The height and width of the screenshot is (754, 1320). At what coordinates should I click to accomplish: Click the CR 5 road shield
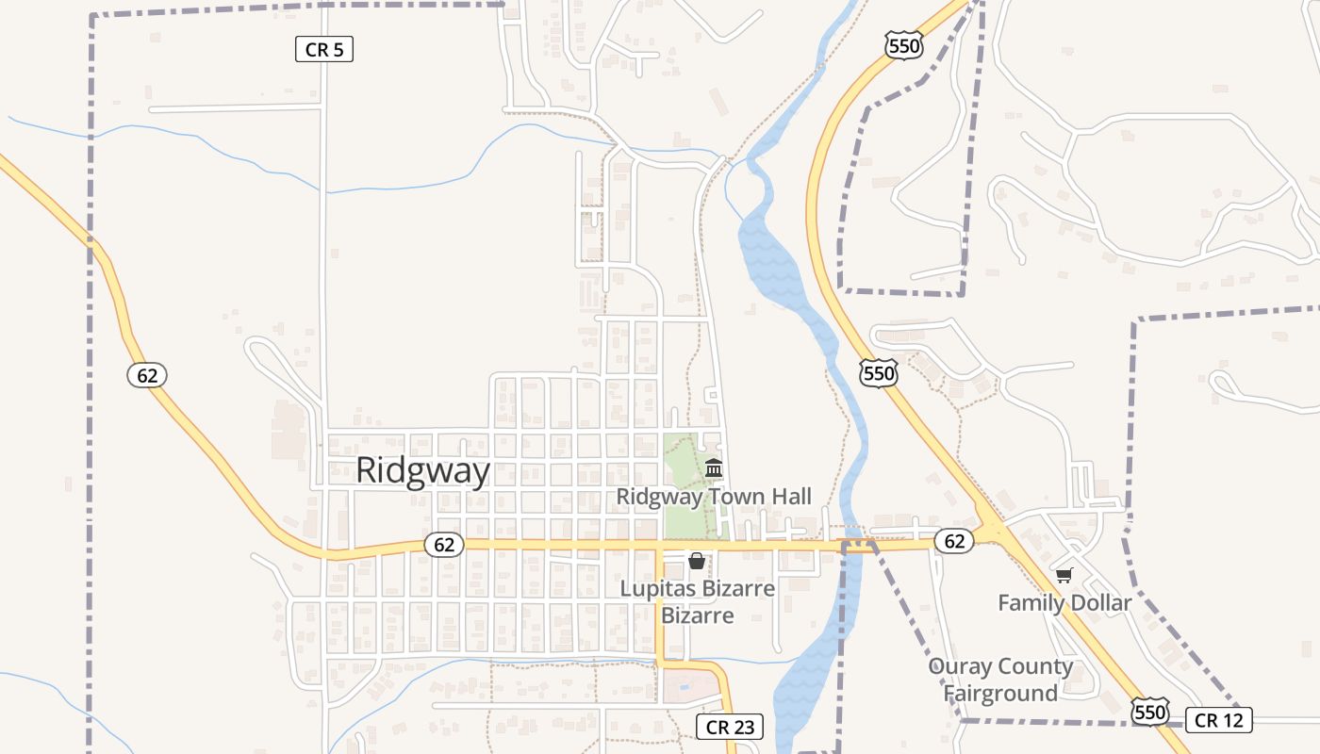[324, 50]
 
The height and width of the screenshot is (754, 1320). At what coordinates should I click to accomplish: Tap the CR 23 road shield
[730, 727]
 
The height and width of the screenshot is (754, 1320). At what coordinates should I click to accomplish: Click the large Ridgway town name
[423, 471]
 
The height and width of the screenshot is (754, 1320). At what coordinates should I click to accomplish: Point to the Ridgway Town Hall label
[714, 497]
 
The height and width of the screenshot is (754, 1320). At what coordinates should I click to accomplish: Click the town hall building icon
[714, 468]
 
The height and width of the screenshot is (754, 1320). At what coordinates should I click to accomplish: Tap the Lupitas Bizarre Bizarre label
[698, 602]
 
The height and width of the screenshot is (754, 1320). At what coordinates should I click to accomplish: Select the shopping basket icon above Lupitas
[697, 562]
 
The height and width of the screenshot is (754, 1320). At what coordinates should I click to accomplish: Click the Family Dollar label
[1064, 603]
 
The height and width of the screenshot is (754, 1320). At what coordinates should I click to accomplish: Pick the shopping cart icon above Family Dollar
[1064, 575]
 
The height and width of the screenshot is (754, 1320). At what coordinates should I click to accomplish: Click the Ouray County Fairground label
[1000, 680]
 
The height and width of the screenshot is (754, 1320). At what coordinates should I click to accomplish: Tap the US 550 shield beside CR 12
[1150, 712]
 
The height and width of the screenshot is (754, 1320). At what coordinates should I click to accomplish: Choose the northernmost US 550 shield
[903, 43]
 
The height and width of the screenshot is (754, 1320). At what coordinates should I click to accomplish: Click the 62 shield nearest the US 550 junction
[954, 541]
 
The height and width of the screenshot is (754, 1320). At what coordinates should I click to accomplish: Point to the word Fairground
[1000, 694]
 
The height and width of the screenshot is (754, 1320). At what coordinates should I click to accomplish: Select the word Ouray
[961, 667]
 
